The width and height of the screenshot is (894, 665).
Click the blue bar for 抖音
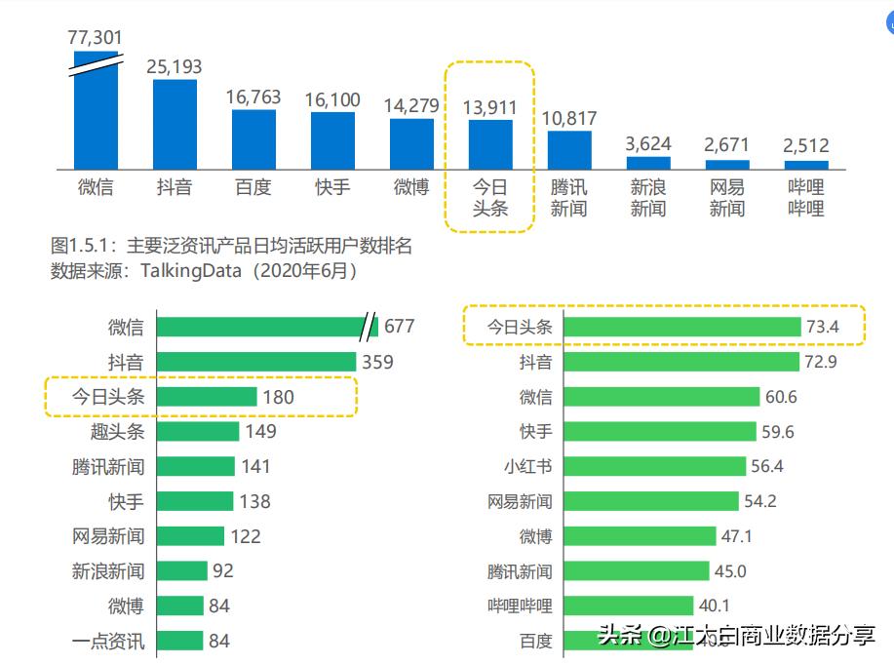[x=175, y=124]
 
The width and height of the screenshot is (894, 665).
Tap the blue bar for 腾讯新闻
[x=569, y=150]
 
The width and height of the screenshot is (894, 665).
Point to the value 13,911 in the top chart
[x=490, y=107]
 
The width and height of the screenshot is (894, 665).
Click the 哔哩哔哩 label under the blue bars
[x=805, y=197]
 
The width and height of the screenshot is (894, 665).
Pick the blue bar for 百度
[x=253, y=139]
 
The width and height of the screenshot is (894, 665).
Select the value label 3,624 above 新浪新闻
[x=648, y=143]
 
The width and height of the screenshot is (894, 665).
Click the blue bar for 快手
[x=332, y=140]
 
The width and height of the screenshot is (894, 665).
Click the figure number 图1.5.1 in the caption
[x=83, y=246]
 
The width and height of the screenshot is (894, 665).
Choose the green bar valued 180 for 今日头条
[x=207, y=397]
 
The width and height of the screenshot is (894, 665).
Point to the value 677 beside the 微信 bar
[x=400, y=326]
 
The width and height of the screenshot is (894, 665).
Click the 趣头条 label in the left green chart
[x=117, y=431]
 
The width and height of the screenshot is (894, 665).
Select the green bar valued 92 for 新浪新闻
[x=182, y=570]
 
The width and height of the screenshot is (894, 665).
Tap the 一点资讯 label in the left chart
[x=107, y=641]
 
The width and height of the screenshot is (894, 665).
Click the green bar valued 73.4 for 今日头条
[x=681, y=327]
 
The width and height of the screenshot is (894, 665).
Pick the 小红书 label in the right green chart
[x=527, y=466]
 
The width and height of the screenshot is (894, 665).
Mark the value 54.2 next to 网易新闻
[x=760, y=501]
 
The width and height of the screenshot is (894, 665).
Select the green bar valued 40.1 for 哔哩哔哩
[x=629, y=606]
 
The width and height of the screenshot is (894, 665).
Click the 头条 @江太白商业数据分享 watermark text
[x=736, y=637]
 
